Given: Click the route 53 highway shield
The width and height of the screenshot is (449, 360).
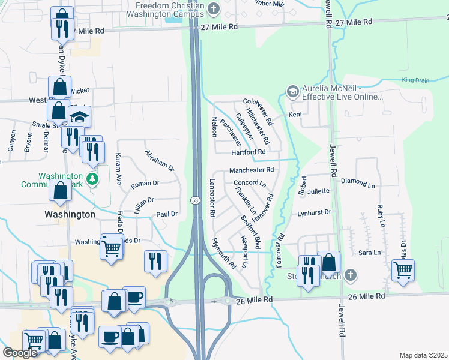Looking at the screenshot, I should point(196,199).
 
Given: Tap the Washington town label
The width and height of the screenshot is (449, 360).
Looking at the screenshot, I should point(70,214).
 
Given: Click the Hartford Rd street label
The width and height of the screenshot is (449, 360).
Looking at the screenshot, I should point(248,152).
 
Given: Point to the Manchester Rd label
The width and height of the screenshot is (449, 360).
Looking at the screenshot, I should point(251,170).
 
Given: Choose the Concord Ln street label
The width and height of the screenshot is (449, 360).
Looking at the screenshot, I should point(249,182).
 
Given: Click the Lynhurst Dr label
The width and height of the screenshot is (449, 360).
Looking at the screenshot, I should point(315,212).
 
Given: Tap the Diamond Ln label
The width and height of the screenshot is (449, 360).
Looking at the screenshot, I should point(357,181).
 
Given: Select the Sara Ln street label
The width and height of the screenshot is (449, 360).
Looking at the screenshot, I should point(369,253).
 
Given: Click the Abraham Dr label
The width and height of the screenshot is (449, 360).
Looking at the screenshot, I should point(160,160).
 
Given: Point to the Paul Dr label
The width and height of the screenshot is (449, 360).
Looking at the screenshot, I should point(167,214).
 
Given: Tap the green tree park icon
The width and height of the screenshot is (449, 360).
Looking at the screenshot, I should point(91,178).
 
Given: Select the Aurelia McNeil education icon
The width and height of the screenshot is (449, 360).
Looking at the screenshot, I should point(292,91).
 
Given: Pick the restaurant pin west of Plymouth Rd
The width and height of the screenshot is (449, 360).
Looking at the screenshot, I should point(154,261).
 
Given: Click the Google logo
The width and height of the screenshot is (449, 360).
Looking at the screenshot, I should point(20,353).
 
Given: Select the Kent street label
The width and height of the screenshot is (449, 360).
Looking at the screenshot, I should point(295,114).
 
